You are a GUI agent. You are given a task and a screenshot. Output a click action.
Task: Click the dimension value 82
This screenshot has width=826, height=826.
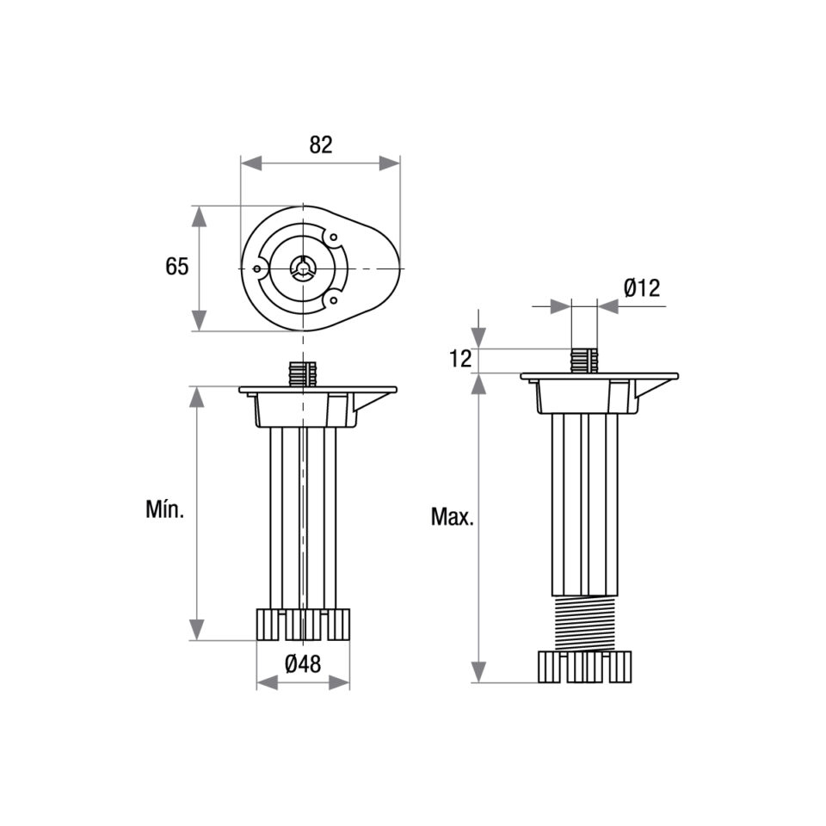click(x=321, y=145)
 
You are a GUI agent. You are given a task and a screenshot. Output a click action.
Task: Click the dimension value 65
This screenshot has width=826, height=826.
click(x=177, y=267)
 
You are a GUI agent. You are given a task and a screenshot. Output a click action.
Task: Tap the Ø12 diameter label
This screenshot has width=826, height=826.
click(x=642, y=288)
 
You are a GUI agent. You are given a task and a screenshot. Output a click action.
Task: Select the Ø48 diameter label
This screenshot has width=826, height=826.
click(x=303, y=664)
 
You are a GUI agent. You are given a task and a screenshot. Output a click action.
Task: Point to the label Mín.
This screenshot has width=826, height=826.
click(x=165, y=510)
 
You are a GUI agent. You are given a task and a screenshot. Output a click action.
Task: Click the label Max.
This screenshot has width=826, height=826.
click(x=453, y=517)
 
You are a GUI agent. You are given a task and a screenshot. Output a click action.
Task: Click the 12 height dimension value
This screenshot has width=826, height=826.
click(x=461, y=359)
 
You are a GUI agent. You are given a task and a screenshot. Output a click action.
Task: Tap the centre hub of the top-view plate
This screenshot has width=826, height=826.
click(x=303, y=268)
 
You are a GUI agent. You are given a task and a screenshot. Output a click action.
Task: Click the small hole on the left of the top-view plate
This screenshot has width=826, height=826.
click(x=257, y=268)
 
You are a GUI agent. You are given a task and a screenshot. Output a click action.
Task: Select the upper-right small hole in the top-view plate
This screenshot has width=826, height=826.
click(x=333, y=237)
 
